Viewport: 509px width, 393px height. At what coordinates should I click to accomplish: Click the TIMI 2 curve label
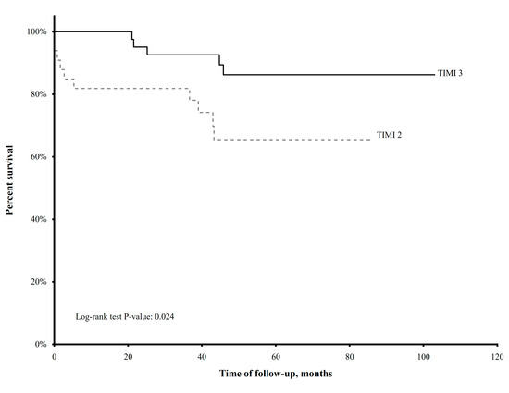[389, 134]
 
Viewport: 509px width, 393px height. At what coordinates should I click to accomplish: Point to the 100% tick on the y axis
[38, 31]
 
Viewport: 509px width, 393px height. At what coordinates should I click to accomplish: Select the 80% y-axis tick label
[40, 94]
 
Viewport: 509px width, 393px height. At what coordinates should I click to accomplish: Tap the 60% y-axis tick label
[40, 156]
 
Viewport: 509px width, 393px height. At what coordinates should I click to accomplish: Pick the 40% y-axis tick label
[40, 219]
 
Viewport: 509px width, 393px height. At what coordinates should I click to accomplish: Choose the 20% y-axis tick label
[40, 281]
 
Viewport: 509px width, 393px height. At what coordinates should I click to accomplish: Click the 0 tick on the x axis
[55, 355]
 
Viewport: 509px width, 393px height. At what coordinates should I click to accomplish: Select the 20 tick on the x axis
[129, 355]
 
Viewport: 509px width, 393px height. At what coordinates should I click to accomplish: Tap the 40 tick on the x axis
[202, 355]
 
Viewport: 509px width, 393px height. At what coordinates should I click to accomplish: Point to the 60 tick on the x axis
[276, 355]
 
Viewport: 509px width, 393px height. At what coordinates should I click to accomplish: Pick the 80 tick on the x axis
[350, 355]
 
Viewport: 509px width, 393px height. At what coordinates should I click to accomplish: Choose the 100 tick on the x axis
[423, 355]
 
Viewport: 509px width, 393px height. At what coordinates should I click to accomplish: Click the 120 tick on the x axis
[497, 355]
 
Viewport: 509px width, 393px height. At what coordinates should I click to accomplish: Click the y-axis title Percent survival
[10, 178]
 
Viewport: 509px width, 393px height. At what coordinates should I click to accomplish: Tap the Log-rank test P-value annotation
[125, 317]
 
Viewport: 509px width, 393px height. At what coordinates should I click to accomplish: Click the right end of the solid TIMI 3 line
[433, 75]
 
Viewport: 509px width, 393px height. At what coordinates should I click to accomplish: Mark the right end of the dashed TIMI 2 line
[370, 140]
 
